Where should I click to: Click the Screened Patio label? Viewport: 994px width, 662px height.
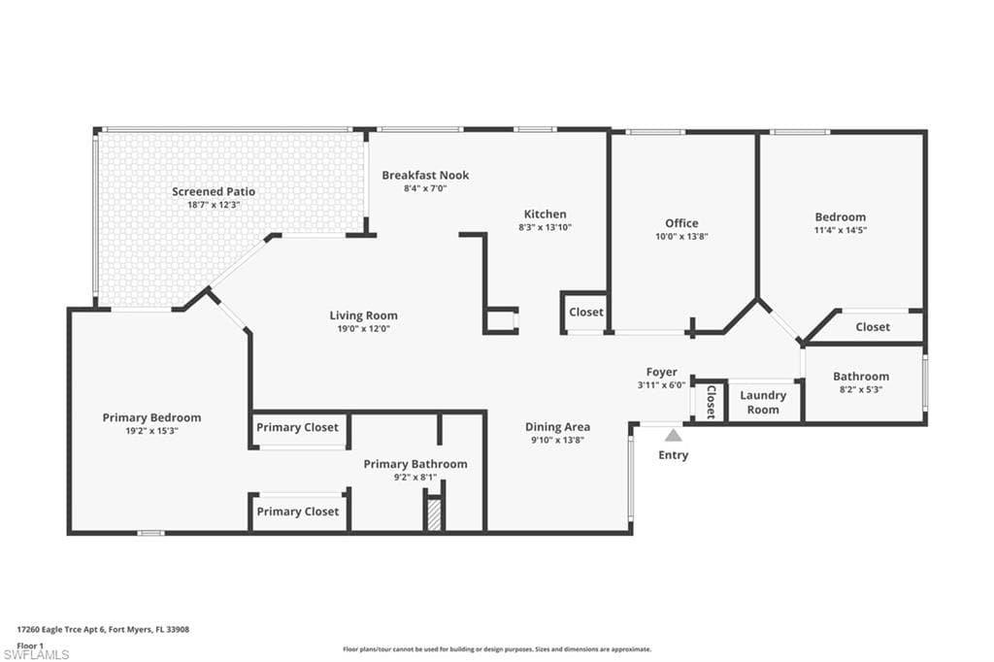click(214, 191)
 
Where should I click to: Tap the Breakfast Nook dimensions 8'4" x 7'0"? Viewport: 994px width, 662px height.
click(424, 188)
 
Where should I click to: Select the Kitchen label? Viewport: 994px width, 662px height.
click(545, 215)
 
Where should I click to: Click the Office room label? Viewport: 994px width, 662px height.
click(681, 223)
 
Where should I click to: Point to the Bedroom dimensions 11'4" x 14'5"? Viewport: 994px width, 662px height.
click(841, 230)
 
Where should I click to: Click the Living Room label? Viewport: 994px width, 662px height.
click(363, 315)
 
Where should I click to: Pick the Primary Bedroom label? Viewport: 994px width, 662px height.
click(151, 417)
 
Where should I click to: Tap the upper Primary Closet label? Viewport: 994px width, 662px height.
click(297, 427)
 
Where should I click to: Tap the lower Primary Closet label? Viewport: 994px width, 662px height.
click(297, 512)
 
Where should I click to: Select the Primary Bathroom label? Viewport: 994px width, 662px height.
click(414, 464)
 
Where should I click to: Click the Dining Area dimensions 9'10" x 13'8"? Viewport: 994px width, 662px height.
click(557, 440)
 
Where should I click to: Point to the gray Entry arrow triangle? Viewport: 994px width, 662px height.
click(673, 436)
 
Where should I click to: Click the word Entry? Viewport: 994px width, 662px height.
click(673, 455)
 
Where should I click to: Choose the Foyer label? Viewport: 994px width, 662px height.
click(661, 373)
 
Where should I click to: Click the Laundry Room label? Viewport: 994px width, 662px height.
click(762, 402)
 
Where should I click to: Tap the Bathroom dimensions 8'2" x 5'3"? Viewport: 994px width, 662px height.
click(860, 389)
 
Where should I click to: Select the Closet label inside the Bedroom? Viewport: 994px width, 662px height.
click(873, 327)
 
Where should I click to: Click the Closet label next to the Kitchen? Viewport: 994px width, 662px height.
click(585, 313)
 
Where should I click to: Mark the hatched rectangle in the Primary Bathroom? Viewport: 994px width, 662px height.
click(434, 513)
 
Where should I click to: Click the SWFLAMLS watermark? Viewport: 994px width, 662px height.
click(36, 655)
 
